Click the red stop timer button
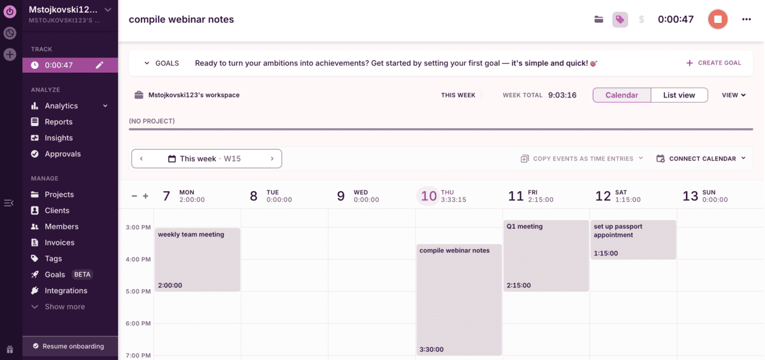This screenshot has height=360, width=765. (x=718, y=19)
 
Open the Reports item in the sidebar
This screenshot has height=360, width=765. (x=58, y=122)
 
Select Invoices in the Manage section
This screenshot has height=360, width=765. (x=59, y=243)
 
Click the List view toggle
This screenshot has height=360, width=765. (x=679, y=95)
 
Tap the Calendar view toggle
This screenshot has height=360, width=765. (x=622, y=95)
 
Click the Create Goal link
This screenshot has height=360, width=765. (x=713, y=63)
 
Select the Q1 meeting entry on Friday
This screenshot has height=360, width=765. (x=546, y=256)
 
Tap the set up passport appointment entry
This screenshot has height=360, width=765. (x=633, y=240)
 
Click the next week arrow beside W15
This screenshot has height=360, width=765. (x=272, y=159)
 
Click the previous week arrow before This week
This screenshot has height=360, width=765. (x=142, y=159)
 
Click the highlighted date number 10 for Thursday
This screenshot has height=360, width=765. (x=429, y=196)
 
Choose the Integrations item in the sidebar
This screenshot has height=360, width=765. (x=66, y=291)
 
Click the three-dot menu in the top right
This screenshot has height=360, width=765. (x=747, y=19)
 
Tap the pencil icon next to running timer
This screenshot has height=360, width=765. (x=99, y=65)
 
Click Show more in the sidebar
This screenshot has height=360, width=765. (x=64, y=306)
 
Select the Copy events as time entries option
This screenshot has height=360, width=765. (x=583, y=159)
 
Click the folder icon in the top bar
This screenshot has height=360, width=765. (x=599, y=19)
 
